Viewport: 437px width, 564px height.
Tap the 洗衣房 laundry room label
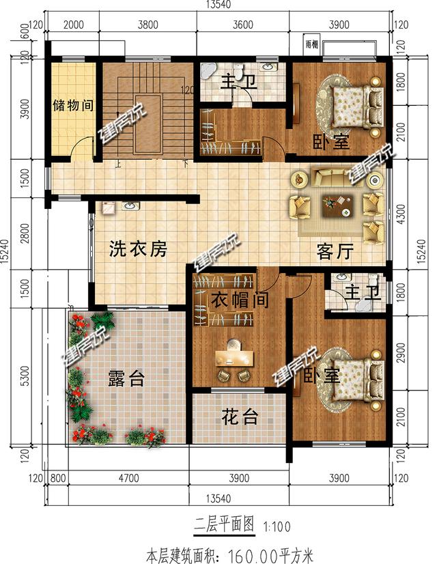click(138, 250)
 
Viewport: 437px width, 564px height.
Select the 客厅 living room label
click(335, 252)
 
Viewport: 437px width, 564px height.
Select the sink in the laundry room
click(128, 206)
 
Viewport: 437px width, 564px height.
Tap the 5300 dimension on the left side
click(25, 375)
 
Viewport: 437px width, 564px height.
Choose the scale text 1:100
click(274, 526)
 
